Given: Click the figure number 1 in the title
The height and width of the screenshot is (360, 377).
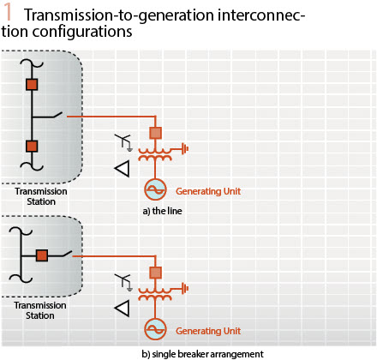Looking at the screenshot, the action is (8, 13).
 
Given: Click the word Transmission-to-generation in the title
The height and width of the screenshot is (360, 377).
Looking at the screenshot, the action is (119, 15).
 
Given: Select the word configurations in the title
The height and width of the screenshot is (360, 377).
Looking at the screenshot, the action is (82, 32).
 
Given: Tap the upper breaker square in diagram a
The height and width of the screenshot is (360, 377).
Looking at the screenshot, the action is (32, 85).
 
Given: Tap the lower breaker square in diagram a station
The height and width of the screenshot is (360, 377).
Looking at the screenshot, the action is (32, 146).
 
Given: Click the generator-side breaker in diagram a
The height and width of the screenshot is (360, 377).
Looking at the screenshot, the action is (155, 133).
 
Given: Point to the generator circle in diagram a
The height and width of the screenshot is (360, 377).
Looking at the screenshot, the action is (155, 189).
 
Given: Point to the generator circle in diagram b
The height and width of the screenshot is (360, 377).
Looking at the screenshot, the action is (155, 329).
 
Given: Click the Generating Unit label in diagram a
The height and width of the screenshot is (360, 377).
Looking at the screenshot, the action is (208, 191).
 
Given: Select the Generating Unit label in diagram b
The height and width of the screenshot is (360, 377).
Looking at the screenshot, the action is (208, 331).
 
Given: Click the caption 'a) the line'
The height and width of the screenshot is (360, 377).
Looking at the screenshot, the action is (162, 211).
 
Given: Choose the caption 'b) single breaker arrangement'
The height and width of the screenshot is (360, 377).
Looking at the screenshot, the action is (203, 354).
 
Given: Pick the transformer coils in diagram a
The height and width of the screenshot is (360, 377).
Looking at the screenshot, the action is (155, 154).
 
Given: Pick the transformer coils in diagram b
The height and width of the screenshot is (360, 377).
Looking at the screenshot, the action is (155, 294).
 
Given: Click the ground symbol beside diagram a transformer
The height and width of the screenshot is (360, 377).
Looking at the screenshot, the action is (185, 149).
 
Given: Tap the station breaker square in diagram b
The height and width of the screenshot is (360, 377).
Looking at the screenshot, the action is (42, 255).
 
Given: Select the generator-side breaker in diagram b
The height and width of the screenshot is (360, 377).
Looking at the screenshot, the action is (155, 273).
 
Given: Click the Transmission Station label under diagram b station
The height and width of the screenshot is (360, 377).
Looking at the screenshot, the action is (40, 310).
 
